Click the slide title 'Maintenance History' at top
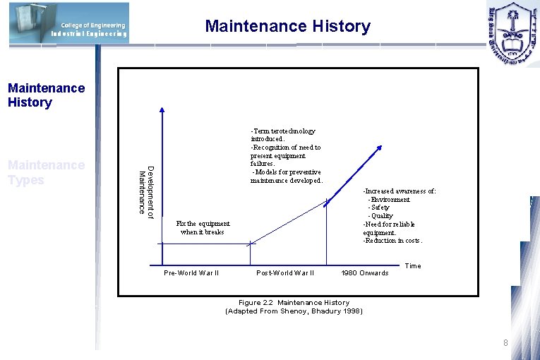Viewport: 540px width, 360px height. pyautogui.click(x=287, y=27)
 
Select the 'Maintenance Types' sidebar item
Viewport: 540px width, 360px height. pyautogui.click(x=45, y=172)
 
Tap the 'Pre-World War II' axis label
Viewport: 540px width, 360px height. pyautogui.click(x=191, y=272)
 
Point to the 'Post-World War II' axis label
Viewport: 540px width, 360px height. pyautogui.click(x=285, y=272)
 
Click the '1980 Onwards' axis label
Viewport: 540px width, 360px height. pyautogui.click(x=364, y=272)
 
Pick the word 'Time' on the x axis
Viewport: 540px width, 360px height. pyautogui.click(x=413, y=265)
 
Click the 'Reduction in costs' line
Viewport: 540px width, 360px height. pyautogui.click(x=392, y=241)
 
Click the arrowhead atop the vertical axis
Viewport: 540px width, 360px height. pyautogui.click(x=162, y=110)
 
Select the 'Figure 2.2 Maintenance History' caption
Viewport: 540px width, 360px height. pyautogui.click(x=294, y=303)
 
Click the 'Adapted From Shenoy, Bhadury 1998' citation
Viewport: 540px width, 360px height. pyautogui.click(x=294, y=311)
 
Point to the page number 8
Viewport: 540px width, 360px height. pyautogui.click(x=505, y=343)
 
